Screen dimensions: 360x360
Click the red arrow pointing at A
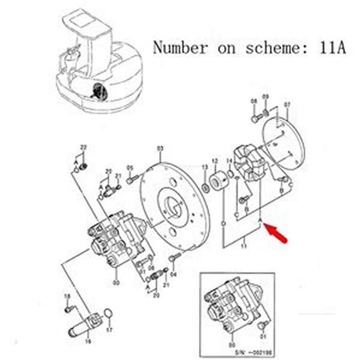(x=276, y=234)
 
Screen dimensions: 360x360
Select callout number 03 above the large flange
(x=160, y=148)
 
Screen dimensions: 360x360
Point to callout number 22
(x=83, y=148)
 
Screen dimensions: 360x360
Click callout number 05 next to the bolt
(x=130, y=167)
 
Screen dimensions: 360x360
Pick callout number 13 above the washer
(x=205, y=167)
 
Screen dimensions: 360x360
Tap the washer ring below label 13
(x=205, y=186)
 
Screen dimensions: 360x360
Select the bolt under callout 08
(x=255, y=119)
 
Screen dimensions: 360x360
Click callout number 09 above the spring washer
(x=265, y=97)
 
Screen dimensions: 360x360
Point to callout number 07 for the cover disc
(x=287, y=105)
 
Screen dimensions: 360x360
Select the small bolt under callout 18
(x=69, y=309)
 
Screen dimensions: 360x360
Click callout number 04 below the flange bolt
(x=174, y=274)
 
